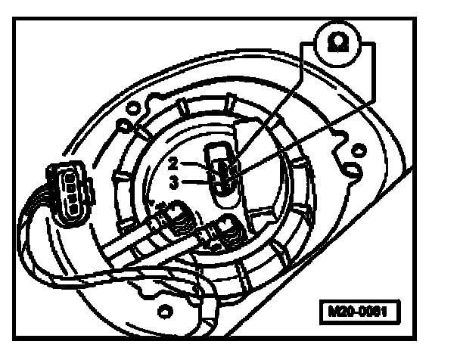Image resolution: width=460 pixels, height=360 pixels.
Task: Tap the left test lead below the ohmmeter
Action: [272, 106]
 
